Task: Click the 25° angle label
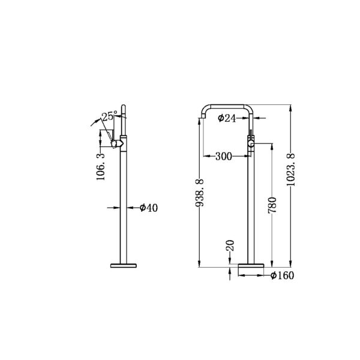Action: (107, 117)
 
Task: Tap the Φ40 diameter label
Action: (148, 208)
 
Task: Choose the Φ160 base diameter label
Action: (281, 276)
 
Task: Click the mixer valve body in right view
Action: (252, 142)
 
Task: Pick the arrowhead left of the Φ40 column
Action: (116, 208)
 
